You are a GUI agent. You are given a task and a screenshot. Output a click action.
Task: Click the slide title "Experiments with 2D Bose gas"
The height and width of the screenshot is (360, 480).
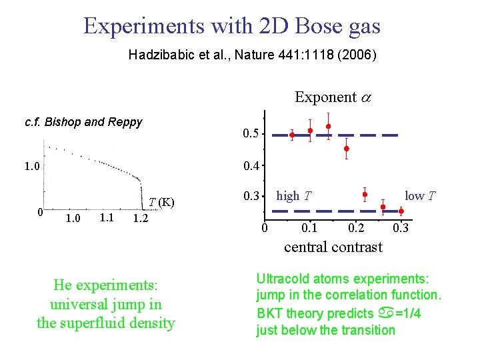click(232, 26)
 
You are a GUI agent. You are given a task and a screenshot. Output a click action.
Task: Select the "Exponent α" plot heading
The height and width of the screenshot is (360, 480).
click(333, 97)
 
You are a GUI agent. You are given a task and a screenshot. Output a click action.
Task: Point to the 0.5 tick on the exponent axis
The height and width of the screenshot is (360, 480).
click(251, 134)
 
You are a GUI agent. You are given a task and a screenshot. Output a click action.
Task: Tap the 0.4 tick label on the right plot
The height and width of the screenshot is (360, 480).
click(251, 165)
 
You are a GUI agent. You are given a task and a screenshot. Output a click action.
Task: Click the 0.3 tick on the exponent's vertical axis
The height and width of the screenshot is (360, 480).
click(251, 196)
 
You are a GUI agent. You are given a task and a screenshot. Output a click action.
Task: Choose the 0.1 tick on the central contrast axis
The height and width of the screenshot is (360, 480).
click(309, 229)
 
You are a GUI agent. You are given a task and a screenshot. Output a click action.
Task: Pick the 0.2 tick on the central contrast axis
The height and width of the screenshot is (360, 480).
click(356, 229)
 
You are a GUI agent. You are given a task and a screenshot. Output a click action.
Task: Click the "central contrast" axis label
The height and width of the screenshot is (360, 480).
click(333, 247)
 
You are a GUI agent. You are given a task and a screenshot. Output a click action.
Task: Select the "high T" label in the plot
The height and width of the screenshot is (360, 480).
click(293, 196)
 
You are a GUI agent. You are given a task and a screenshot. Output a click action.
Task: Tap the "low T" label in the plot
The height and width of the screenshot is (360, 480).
click(421, 195)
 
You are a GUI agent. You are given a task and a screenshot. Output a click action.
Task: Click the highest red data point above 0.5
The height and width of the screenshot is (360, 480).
click(329, 126)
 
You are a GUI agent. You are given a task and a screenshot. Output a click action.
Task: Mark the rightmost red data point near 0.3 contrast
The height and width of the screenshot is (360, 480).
click(401, 211)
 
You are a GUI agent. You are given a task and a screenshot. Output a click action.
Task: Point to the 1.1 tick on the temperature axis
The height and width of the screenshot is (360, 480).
click(105, 218)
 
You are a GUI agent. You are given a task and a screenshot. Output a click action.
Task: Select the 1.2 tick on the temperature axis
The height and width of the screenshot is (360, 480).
click(141, 219)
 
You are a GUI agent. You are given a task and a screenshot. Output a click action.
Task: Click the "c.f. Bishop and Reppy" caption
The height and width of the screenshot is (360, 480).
click(83, 122)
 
